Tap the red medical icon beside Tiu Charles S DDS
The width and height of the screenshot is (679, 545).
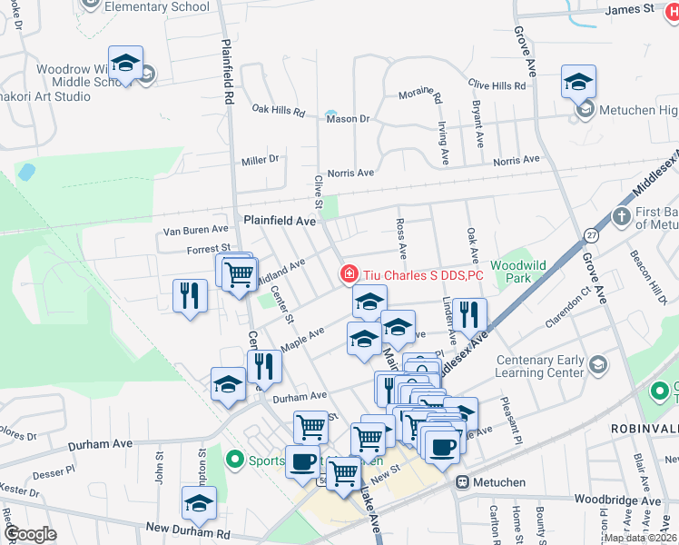point(348,273)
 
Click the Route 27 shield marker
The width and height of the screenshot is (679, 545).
point(591,233)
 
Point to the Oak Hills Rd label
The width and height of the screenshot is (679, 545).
point(279,110)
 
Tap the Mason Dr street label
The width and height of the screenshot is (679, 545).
point(348,119)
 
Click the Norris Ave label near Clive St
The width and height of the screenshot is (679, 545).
point(350,173)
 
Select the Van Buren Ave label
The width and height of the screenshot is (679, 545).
point(195,231)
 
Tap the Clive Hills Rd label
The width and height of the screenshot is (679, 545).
point(497,85)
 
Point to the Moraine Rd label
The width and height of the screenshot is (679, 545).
point(420,95)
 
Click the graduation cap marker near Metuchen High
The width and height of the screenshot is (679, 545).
point(578,82)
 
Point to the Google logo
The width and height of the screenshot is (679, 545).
point(30,534)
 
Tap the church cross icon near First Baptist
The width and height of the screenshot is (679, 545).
point(621,216)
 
